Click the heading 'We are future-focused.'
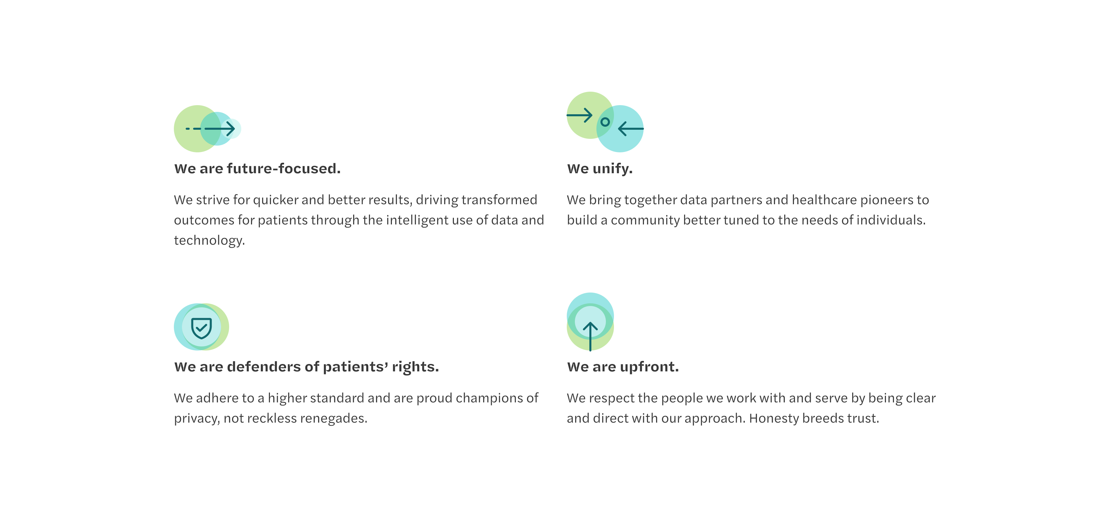[x=257, y=169]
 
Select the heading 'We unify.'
[x=599, y=169]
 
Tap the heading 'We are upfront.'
[x=622, y=367]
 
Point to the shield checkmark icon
[x=201, y=329]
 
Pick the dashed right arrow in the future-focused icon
[x=210, y=129]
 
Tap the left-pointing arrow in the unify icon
[x=631, y=129]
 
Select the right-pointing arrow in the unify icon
[x=579, y=115]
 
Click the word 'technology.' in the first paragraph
[x=209, y=241]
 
